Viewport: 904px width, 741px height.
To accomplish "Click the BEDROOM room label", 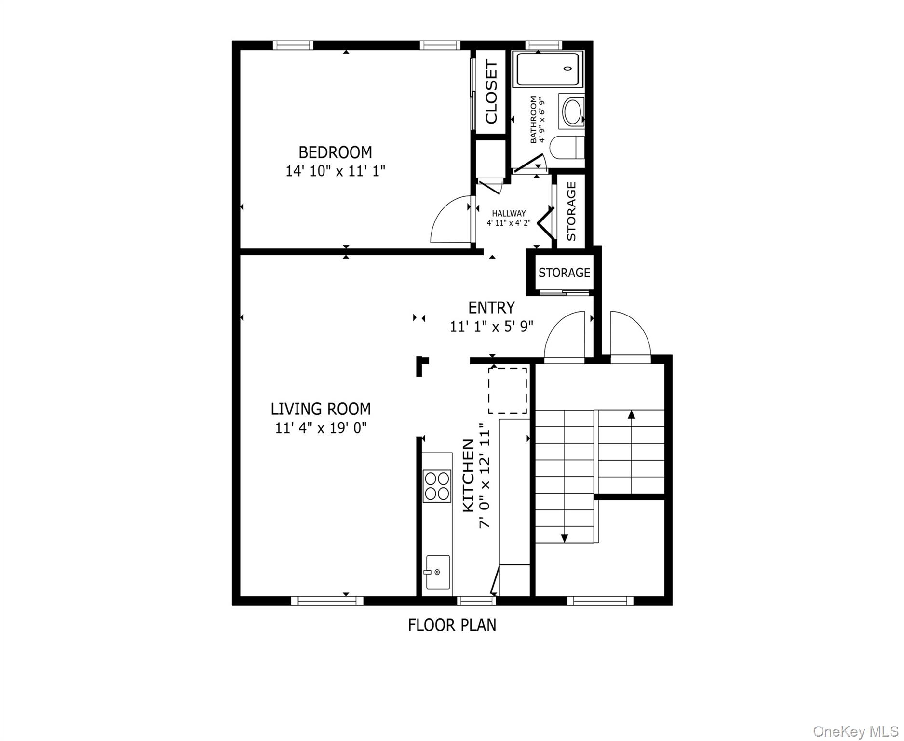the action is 335,152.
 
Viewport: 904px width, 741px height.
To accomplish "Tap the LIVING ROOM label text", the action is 321,409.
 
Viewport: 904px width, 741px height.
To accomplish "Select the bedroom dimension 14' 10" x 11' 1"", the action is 336,171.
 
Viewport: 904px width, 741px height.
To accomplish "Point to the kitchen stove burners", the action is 437,486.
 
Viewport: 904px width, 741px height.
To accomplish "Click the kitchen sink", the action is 438,572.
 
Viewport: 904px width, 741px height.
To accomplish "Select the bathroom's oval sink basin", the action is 573,111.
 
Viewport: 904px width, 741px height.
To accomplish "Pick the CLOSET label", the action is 491,91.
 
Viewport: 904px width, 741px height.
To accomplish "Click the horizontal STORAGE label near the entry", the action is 564,273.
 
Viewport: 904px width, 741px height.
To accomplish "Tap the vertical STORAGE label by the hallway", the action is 571,211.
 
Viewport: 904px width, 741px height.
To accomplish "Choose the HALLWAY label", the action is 509,213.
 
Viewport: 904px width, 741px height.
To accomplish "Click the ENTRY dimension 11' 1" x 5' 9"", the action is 492,327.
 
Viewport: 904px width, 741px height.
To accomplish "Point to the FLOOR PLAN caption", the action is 452,625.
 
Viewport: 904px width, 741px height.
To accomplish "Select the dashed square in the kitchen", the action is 508,391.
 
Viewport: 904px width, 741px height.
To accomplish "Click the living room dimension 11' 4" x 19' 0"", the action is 321,428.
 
